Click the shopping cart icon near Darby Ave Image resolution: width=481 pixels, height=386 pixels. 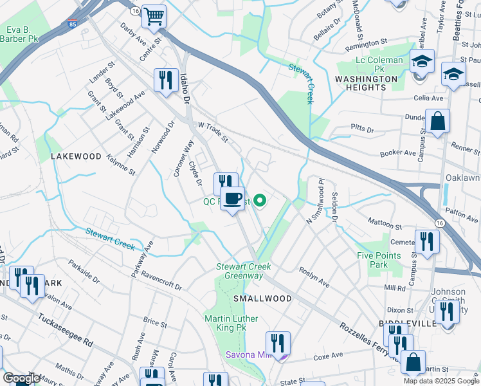pos(154,17)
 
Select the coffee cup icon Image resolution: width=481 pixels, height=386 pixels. pos(232,198)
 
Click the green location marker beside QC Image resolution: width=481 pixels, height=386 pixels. pos(260,201)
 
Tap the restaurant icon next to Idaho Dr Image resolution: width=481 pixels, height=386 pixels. pos(165,80)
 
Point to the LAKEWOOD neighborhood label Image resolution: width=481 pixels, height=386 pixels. pos(77,156)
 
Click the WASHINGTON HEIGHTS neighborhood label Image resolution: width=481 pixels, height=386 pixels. pos(367,83)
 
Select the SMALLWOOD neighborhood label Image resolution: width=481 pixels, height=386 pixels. pos(262,299)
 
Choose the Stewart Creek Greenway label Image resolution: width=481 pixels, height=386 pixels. pos(244,271)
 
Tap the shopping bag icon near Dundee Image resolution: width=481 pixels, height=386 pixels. pos(437,122)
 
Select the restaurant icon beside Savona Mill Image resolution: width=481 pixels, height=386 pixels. pos(278,343)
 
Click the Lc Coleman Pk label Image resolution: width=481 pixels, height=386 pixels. pos(379,64)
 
